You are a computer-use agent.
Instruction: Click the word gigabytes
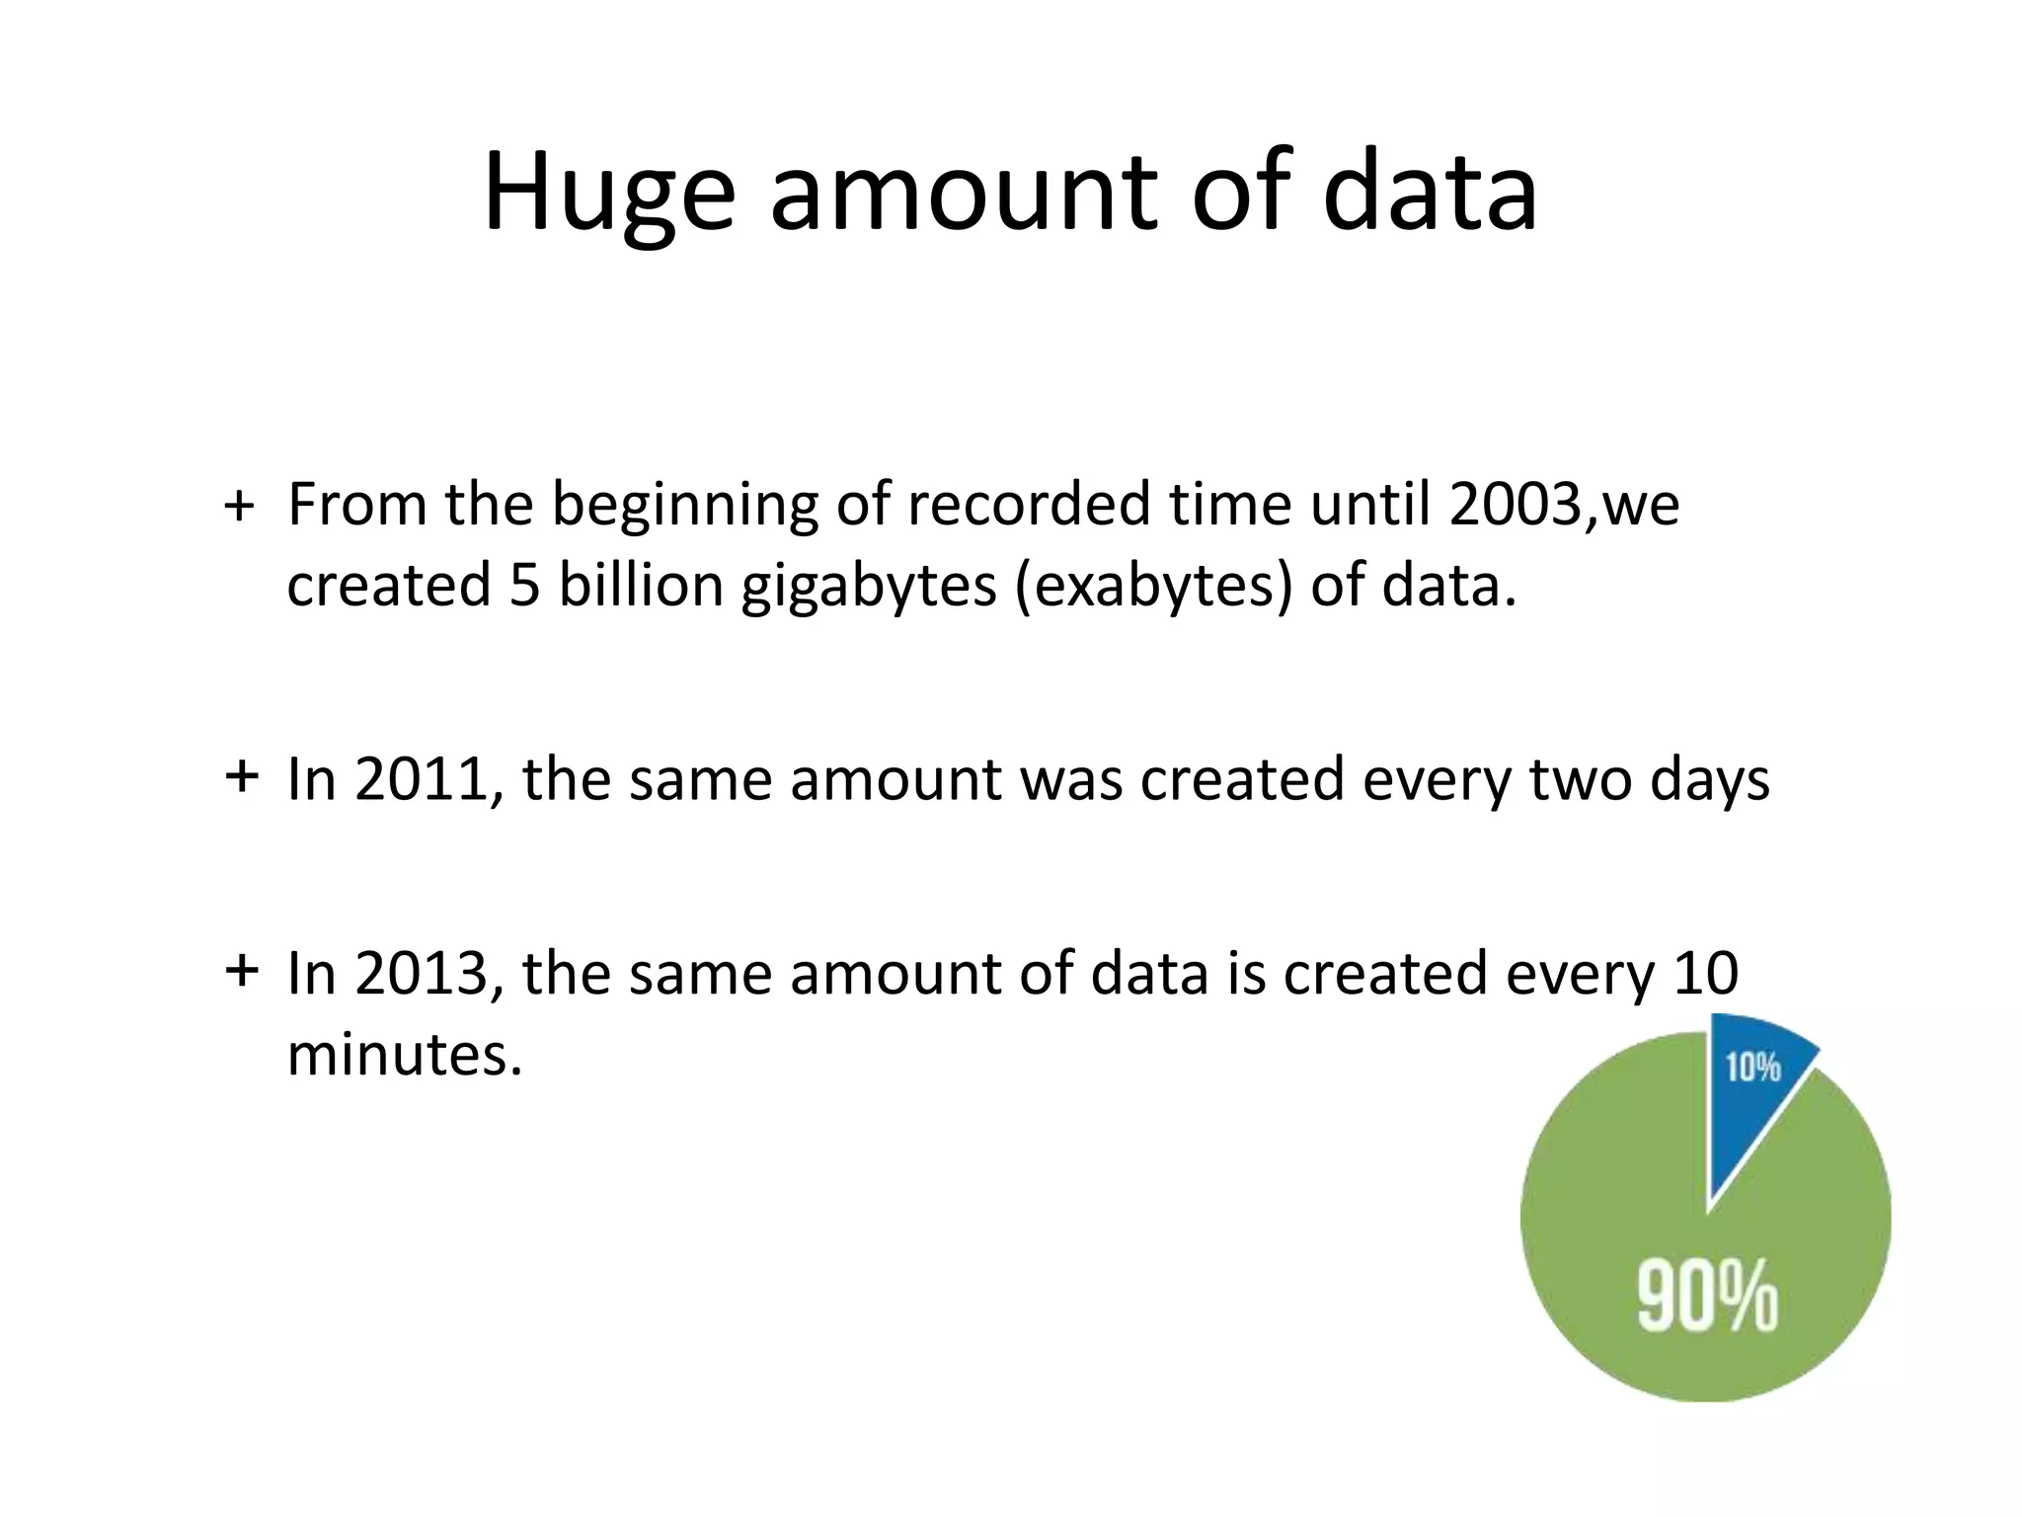click(x=869, y=587)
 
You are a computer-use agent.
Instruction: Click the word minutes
click(x=404, y=1055)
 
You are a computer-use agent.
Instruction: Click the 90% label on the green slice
click(x=1707, y=1297)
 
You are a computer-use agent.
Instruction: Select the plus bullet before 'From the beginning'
click(x=240, y=508)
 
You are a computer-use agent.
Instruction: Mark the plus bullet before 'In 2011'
click(x=242, y=776)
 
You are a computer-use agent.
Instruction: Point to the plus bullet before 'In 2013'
click(x=242, y=971)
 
